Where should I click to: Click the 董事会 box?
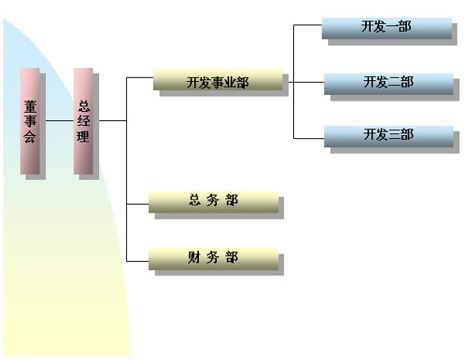point(30,121)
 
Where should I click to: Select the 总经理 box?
point(84,121)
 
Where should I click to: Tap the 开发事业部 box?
point(218,79)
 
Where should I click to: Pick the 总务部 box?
point(214,202)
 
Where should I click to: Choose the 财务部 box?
point(214,259)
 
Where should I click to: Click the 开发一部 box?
point(386,29)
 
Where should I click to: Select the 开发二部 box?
point(389,84)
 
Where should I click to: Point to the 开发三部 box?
point(389,137)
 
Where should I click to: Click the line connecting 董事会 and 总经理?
point(60,120)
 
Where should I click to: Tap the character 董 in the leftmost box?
point(30,107)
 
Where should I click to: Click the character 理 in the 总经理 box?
point(84,137)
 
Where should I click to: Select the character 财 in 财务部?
point(194,257)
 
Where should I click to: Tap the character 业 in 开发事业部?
point(230,83)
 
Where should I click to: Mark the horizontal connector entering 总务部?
point(138,204)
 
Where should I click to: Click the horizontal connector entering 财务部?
point(138,261)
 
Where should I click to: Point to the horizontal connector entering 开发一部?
point(308,25)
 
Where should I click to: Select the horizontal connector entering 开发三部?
point(309,138)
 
